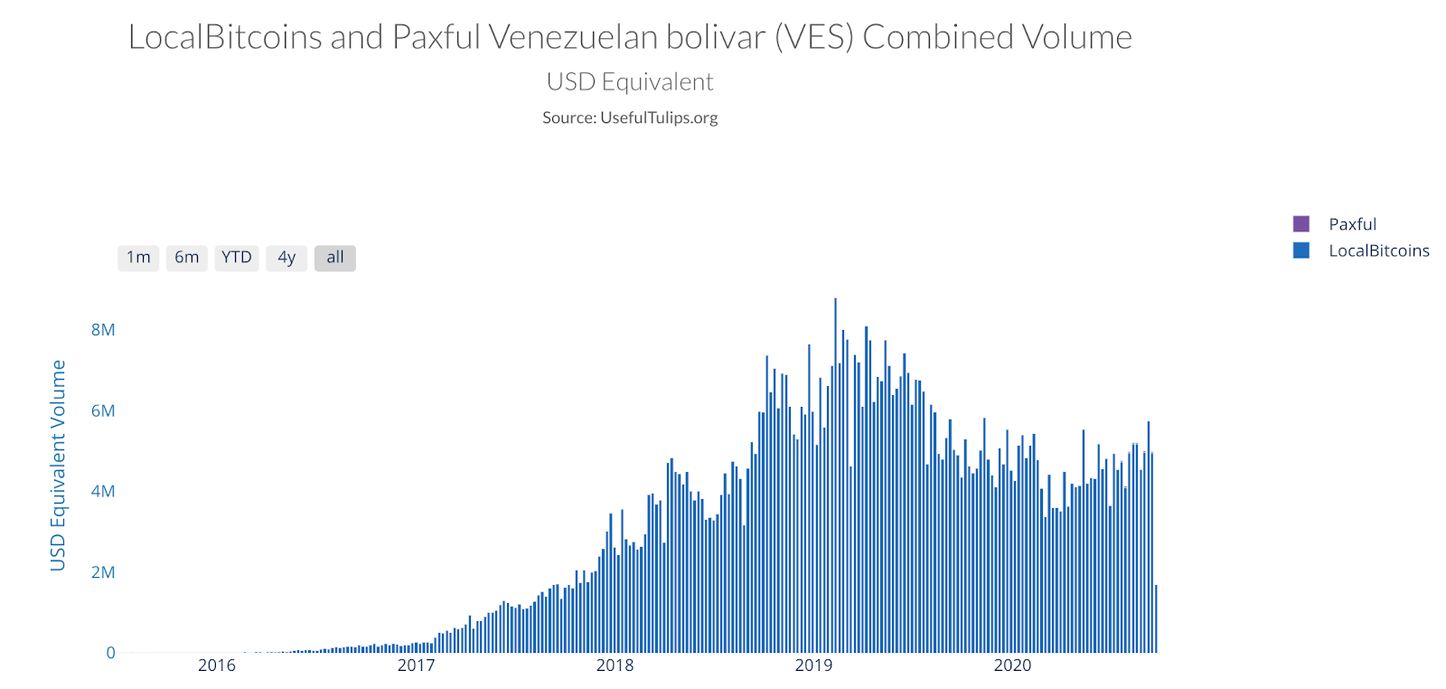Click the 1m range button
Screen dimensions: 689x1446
point(138,258)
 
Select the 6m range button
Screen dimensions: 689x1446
point(187,258)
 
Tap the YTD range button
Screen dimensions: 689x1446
point(237,258)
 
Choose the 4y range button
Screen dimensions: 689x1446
point(286,258)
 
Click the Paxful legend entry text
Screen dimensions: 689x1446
point(1352,224)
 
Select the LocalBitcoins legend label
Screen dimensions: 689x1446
point(1378,250)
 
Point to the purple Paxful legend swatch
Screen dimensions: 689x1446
point(1301,224)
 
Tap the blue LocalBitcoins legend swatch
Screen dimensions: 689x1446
point(1301,250)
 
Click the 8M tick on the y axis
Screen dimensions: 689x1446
point(103,330)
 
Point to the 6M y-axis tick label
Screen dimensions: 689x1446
point(103,411)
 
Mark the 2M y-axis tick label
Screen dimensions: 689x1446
point(103,572)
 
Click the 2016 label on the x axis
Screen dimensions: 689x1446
point(217,665)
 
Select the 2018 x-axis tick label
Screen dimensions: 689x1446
point(615,665)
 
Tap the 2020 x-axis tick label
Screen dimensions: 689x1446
point(1012,665)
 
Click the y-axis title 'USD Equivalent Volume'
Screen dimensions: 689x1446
point(58,465)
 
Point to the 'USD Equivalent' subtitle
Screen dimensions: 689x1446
point(630,82)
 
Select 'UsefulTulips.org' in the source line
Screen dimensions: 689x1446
point(659,118)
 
